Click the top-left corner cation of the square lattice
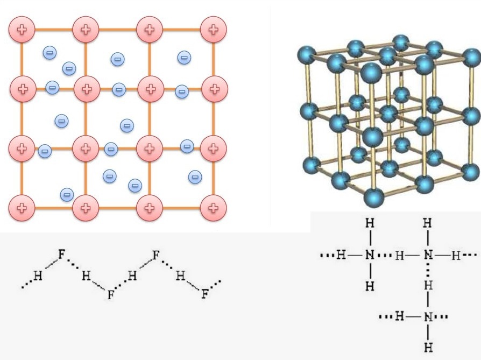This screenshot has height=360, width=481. tap(22, 30)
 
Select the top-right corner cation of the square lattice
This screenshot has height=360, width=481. tap(214, 30)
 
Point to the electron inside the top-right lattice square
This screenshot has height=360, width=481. tap(184, 57)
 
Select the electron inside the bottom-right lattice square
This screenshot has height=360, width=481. tap(195, 176)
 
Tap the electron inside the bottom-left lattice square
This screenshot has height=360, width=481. tap(67, 194)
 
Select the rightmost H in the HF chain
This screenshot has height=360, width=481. tap(180, 277)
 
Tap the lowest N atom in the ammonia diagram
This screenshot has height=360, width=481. tap(428, 316)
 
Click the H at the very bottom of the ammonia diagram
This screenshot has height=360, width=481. tap(428, 347)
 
